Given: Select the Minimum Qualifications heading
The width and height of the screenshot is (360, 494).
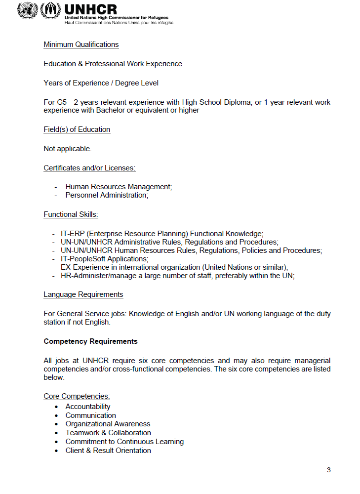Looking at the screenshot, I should tap(81, 44).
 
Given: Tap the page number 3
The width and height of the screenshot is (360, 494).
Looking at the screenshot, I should tap(328, 470).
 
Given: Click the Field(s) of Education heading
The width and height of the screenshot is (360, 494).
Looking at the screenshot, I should tap(77, 129).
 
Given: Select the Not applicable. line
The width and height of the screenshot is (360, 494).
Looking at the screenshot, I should tap(67, 149).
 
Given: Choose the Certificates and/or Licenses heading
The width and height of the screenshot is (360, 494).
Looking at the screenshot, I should tap(89, 168).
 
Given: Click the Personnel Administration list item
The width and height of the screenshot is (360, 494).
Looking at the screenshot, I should tap(107, 195).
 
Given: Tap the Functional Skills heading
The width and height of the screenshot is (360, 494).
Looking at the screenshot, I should tap(71, 214).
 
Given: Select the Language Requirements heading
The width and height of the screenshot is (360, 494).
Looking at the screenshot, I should tap(83, 294).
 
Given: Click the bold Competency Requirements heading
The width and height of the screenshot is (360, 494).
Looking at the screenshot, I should tap(90, 341).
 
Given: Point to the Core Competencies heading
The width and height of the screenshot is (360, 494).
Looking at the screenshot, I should tap(77, 396).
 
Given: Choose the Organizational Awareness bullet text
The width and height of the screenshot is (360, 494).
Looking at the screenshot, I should tap(108, 424).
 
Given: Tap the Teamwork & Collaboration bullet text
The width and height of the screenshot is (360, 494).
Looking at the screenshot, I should tap(108, 433).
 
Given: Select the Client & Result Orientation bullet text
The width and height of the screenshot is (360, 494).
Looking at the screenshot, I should tap(108, 451).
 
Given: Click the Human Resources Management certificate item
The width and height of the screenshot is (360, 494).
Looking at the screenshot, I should tap(119, 187).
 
